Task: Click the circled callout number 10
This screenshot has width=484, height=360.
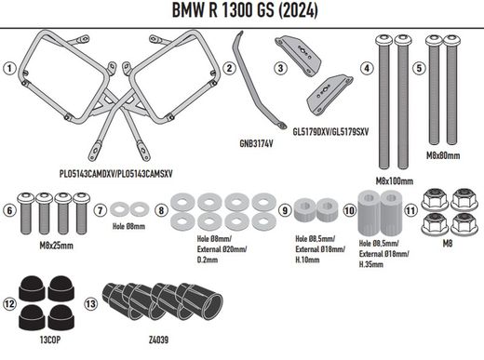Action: tap(349, 209)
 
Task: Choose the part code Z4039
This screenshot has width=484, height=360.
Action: tap(158, 342)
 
